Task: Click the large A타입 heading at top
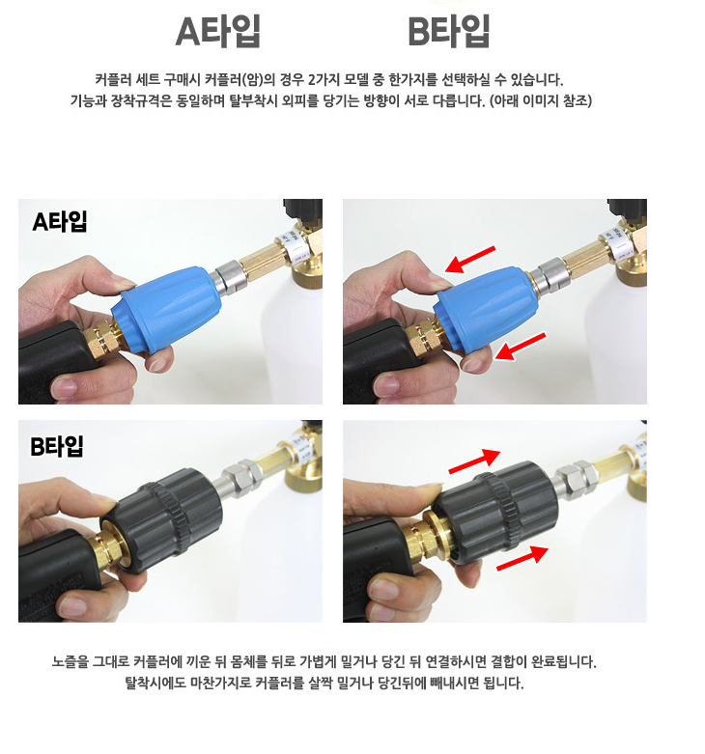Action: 218,31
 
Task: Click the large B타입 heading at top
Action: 449,31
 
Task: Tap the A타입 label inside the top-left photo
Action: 60,222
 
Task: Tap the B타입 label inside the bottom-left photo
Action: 57,446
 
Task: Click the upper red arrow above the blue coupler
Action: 470,260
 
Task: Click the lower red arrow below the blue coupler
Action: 521,347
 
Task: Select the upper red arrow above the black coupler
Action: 474,461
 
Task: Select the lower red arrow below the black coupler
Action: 522,558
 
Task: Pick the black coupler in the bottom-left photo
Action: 161,520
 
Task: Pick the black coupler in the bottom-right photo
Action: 495,511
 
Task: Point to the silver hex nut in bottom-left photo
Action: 241,473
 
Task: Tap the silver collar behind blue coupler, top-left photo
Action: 229,276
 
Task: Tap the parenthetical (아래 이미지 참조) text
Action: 541,101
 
